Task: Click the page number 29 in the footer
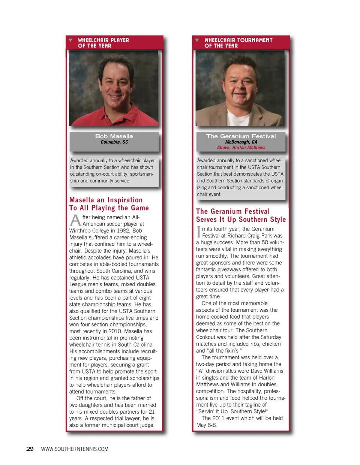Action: point(30,449)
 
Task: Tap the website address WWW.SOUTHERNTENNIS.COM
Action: point(75,449)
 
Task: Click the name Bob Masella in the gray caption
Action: point(114,136)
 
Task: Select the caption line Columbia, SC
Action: point(114,142)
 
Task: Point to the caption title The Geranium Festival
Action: point(241,136)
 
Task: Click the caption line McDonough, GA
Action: point(241,142)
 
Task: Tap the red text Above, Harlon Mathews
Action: point(241,148)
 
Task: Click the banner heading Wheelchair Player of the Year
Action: point(103,43)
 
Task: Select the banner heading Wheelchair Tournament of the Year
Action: point(238,43)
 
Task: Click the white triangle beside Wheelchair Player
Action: point(70,40)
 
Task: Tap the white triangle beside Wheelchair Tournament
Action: point(197,40)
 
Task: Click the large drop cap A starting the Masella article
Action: point(75,220)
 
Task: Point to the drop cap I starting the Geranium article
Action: point(198,232)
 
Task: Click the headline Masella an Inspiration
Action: point(106,200)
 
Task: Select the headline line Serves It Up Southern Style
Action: point(241,220)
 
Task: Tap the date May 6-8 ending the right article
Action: point(206,425)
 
